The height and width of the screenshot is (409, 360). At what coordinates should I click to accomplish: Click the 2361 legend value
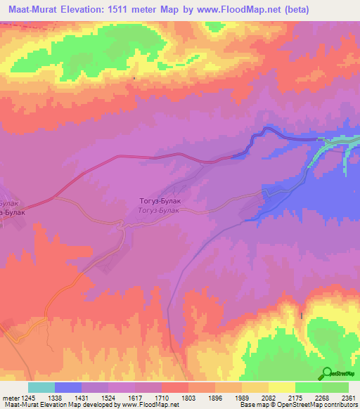tap(348, 397)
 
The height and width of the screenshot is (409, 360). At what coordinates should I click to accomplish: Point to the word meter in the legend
tap(8, 397)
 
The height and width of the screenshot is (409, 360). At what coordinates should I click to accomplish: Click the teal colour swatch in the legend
tap(41, 387)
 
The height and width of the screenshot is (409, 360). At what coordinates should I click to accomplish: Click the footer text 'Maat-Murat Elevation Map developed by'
tap(52, 405)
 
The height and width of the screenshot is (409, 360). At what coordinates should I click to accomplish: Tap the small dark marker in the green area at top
tap(134, 78)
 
